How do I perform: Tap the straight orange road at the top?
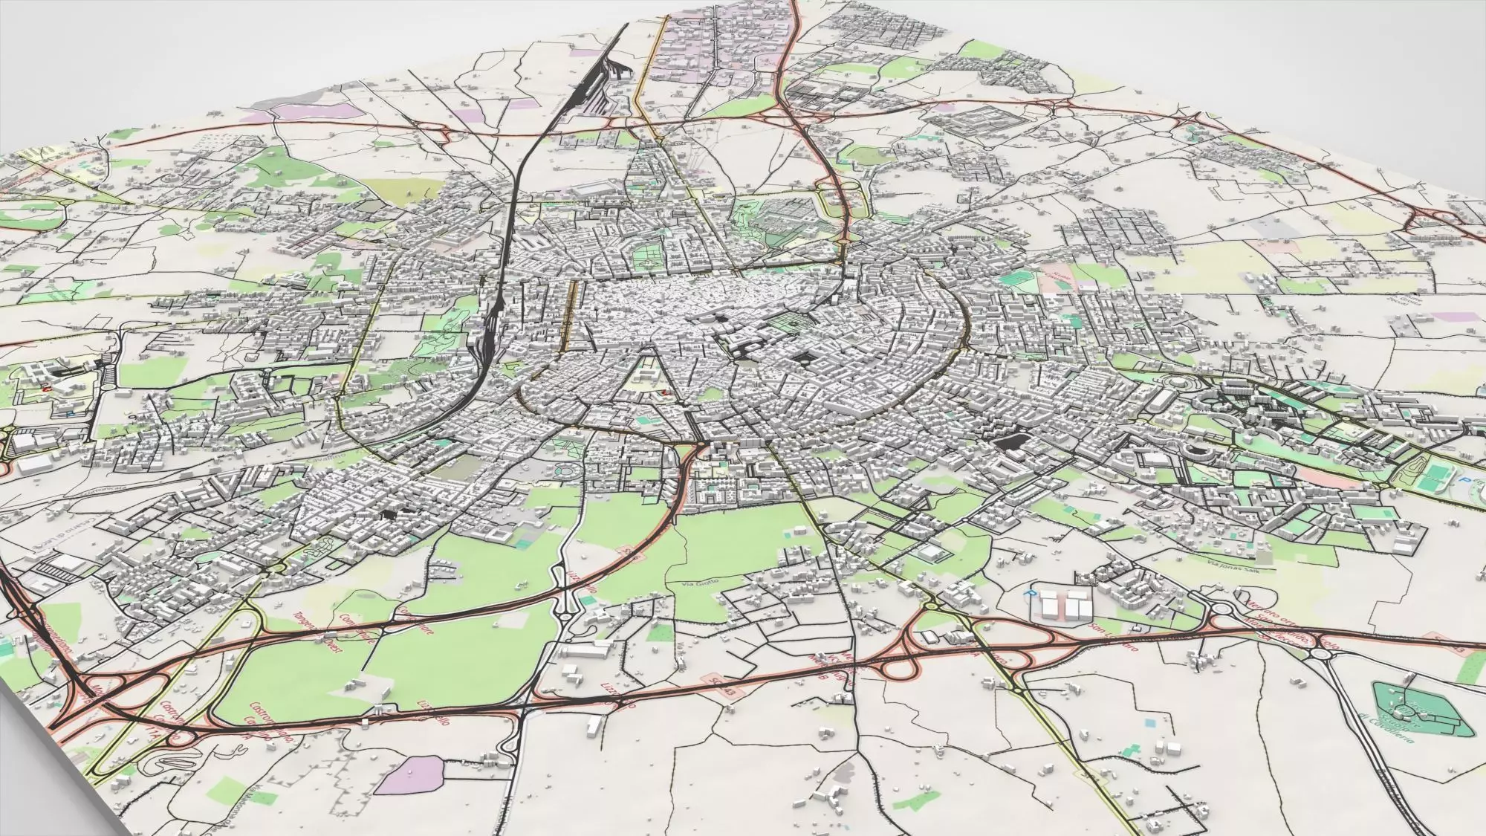pos(654,67)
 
